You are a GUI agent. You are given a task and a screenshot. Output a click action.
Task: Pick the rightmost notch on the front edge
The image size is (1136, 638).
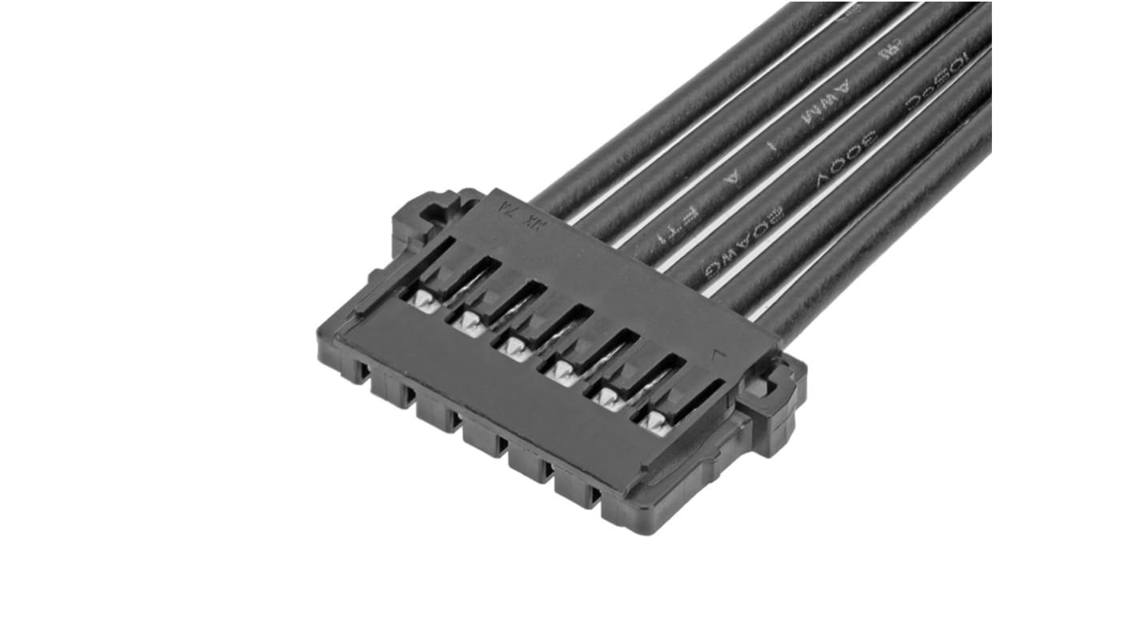pos(593,496)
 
